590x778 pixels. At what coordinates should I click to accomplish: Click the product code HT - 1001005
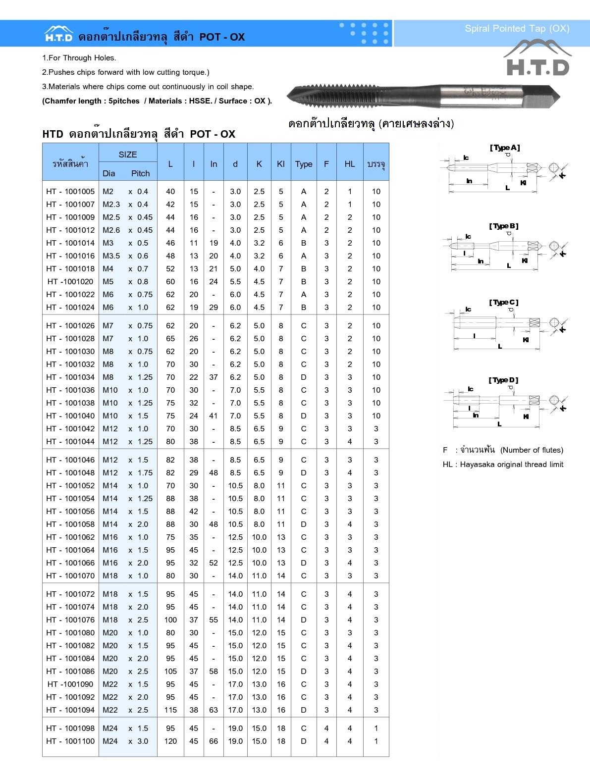(70, 192)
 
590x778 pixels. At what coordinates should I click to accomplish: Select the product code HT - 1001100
(70, 741)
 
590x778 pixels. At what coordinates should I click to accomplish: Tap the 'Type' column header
(304, 164)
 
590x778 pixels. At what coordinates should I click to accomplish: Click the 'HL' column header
(350, 164)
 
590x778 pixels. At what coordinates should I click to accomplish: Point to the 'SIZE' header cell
(128, 155)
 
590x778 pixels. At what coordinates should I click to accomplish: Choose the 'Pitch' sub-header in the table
(140, 173)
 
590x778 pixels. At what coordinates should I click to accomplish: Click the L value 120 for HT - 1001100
(170, 741)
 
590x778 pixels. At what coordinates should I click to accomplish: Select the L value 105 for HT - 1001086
(170, 672)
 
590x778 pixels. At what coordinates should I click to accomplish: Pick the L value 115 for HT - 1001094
(170, 710)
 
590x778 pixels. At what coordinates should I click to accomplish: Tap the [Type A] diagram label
(505, 148)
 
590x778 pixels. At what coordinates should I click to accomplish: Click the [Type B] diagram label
(504, 226)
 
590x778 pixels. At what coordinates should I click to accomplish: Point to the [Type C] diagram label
(504, 302)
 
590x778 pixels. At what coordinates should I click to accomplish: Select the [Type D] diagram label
(503, 380)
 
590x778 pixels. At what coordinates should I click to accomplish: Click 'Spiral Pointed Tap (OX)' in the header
(517, 29)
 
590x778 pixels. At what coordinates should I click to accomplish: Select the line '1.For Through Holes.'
(79, 58)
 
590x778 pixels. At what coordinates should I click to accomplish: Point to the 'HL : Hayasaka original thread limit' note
(503, 465)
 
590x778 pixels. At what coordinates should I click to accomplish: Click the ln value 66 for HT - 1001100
(214, 741)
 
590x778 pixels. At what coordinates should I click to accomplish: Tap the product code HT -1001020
(70, 282)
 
